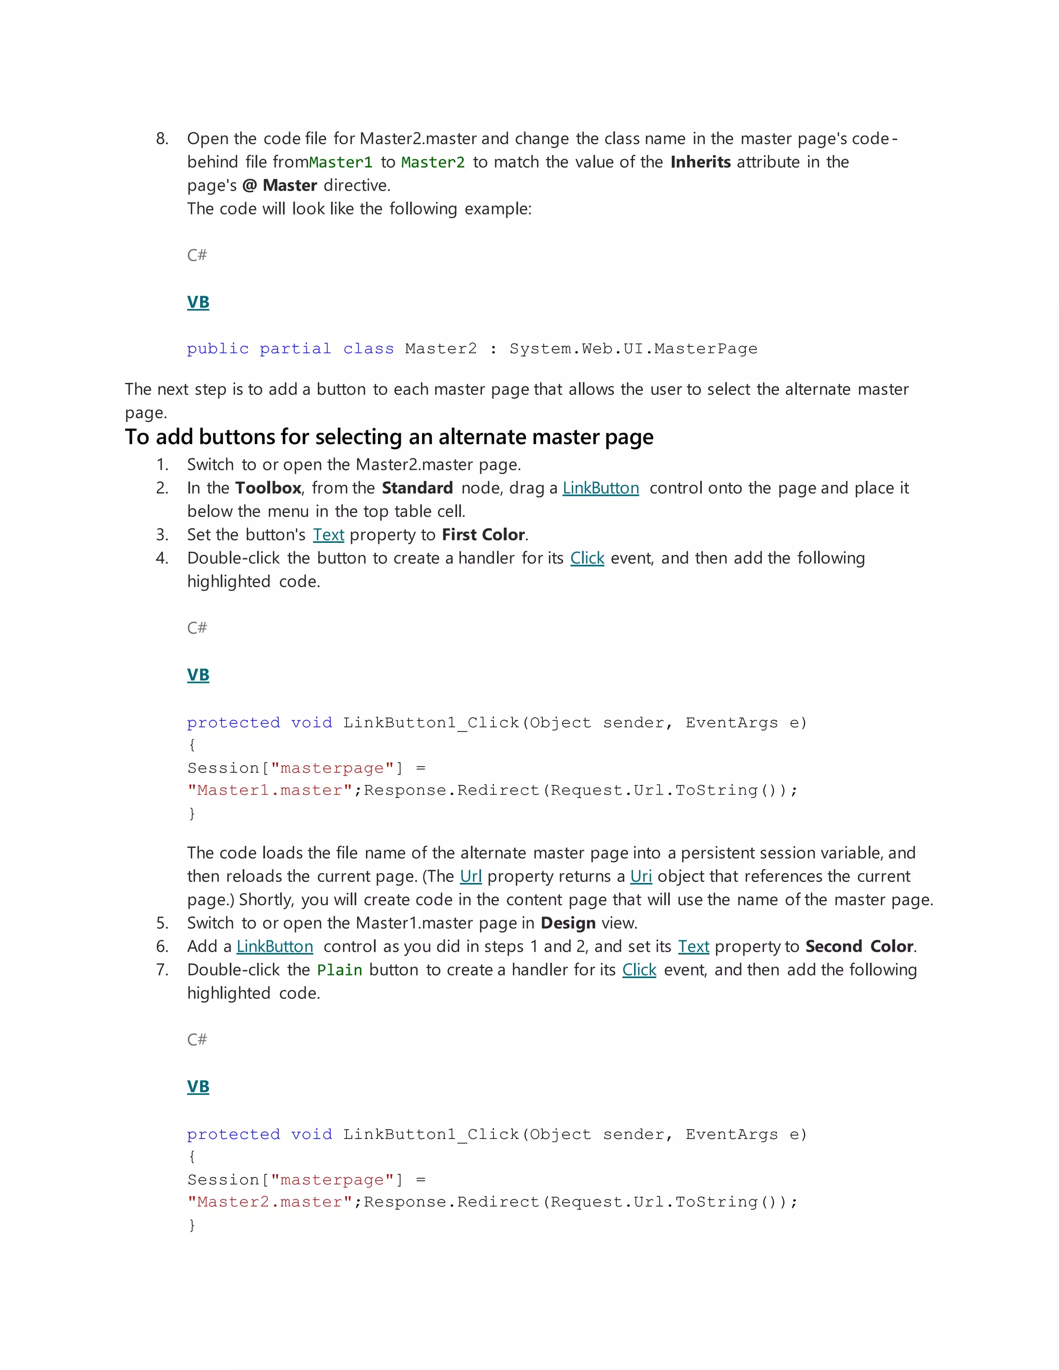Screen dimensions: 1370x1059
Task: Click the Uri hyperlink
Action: click(641, 876)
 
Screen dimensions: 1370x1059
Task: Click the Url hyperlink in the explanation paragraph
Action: click(471, 876)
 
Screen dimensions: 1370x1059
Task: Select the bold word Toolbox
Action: click(268, 488)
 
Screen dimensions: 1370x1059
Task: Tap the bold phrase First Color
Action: click(483, 535)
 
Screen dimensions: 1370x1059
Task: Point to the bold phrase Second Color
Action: click(859, 947)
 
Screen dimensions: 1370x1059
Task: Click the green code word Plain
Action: click(339, 970)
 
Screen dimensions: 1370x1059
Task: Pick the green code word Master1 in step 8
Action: click(341, 162)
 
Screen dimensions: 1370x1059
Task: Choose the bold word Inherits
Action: click(700, 162)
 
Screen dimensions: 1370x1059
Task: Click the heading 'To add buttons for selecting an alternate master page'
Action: click(389, 437)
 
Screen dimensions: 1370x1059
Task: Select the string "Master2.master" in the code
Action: click(270, 1202)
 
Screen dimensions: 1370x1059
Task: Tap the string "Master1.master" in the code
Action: click(270, 791)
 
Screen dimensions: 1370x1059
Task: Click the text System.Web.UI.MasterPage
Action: click(633, 349)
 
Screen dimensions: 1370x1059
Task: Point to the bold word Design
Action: click(568, 923)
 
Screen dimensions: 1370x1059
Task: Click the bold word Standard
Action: click(417, 488)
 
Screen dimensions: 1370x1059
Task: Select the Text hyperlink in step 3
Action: click(328, 535)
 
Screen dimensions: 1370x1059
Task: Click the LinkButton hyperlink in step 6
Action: click(274, 947)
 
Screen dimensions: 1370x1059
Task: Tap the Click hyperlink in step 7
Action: click(639, 970)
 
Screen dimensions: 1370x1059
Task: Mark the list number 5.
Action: click(162, 923)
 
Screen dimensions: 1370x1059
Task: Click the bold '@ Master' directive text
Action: click(279, 186)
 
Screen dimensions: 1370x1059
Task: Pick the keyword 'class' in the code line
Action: click(368, 349)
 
